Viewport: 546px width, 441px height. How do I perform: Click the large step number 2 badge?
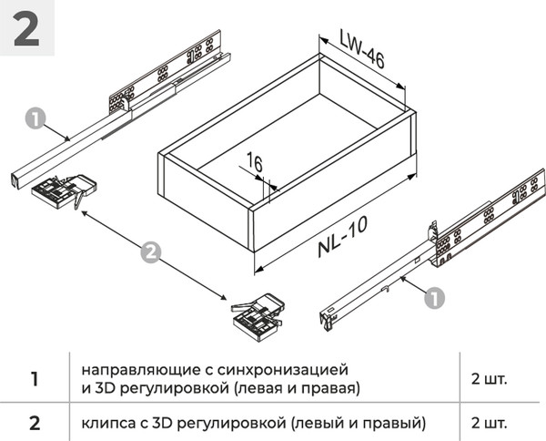[27, 28]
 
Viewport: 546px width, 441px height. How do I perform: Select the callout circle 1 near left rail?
[35, 118]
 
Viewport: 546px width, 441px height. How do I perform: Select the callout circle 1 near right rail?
[435, 296]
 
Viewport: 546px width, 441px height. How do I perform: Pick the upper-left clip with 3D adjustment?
[57, 190]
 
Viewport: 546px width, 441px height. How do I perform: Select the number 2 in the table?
[35, 423]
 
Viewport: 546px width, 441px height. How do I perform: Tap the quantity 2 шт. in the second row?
[489, 423]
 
